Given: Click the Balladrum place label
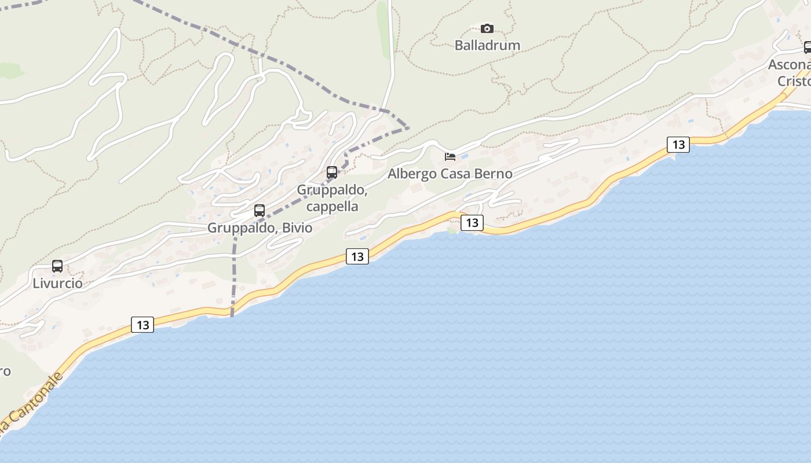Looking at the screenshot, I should (487, 45).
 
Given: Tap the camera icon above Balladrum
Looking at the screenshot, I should (487, 28).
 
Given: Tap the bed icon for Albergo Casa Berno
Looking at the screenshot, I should (450, 156).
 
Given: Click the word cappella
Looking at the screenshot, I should (333, 207).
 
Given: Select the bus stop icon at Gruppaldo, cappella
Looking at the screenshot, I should (332, 172).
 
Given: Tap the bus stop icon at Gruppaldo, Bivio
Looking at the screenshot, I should (260, 211).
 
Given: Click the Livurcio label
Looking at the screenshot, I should (57, 284).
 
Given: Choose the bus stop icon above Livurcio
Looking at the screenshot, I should (57, 266).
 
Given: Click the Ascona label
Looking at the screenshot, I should (789, 65).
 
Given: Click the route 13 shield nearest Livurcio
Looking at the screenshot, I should (143, 325).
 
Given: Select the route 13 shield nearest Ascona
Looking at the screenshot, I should (678, 144).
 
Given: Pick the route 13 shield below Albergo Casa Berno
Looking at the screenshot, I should (472, 222).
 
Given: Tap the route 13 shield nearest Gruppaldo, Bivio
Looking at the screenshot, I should (357, 256).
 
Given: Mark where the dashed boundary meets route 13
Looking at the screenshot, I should (232, 313).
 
